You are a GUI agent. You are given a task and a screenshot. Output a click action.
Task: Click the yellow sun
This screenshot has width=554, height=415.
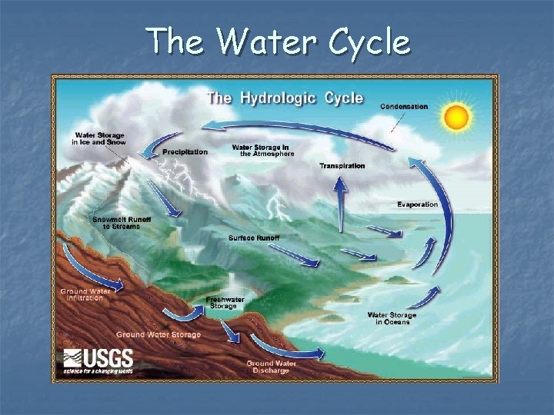457,117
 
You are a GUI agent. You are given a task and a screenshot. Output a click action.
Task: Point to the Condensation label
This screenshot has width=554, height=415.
404,106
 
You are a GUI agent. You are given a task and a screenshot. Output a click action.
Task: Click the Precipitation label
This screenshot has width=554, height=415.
185,152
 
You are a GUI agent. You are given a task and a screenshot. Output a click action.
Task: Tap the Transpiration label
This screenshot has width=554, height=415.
342,166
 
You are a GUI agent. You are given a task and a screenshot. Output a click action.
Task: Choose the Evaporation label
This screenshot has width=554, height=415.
418,204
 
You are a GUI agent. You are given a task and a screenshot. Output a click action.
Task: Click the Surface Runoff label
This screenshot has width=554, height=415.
254,237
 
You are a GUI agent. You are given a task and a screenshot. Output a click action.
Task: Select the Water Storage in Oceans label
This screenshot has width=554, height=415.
392,318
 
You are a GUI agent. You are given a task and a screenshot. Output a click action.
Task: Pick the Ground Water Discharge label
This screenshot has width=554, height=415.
268,367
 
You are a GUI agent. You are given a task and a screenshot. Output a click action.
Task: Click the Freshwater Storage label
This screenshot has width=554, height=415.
225,302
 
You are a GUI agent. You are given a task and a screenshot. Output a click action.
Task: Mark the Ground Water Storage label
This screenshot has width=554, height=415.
159,334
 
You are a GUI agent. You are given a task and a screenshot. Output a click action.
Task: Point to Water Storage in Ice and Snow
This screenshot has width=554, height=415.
98,138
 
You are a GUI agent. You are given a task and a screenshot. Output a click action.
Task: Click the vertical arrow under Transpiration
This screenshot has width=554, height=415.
339,204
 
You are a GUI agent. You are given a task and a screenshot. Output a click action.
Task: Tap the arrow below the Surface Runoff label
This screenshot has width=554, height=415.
295,258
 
